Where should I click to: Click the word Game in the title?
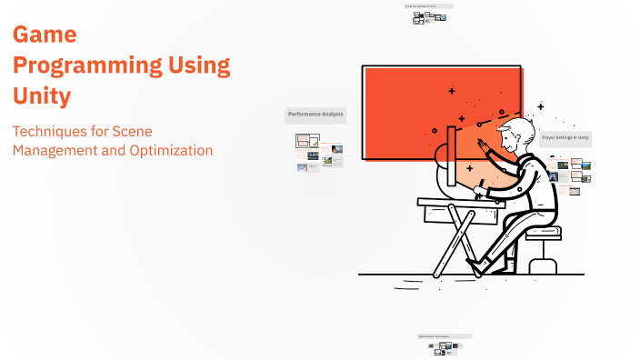[44, 35]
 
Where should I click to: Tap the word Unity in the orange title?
[42, 94]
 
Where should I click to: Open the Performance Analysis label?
[315, 115]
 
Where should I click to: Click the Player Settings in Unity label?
[565, 138]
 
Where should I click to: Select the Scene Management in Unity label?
[427, 6]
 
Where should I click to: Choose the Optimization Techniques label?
[444, 336]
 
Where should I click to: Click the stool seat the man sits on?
[544, 233]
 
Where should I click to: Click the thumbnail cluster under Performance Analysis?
[318, 152]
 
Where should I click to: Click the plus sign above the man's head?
[540, 106]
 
